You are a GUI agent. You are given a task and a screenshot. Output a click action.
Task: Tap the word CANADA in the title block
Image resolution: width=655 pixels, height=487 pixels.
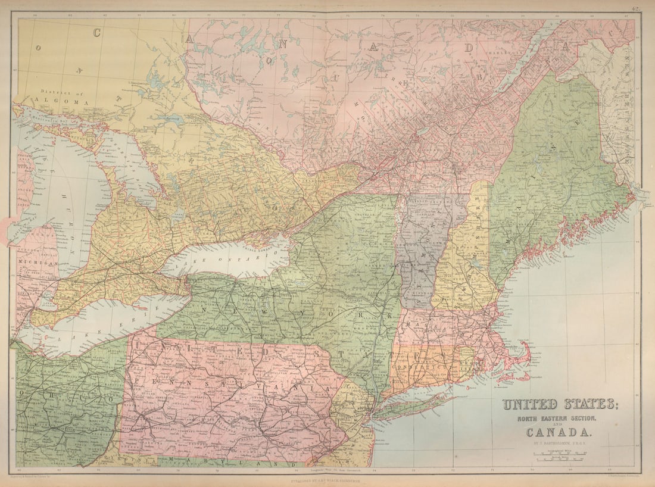click(559, 432)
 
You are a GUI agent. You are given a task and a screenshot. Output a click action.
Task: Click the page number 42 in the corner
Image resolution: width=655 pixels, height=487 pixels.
click(637, 8)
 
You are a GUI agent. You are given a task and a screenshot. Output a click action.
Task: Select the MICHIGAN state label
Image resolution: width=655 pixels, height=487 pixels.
click(38, 262)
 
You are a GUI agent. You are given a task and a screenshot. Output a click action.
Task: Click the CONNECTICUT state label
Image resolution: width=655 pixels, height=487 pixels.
click(423, 361)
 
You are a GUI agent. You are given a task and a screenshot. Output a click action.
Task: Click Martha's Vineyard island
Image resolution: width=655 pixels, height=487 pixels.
click(505, 376)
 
